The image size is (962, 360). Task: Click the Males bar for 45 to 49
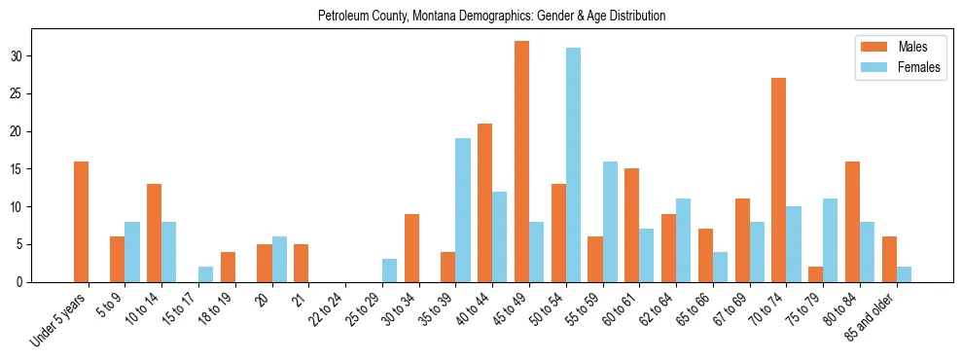pyautogui.click(x=521, y=162)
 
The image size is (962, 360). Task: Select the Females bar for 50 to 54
pyautogui.click(x=573, y=165)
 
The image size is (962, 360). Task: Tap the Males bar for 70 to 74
pyautogui.click(x=778, y=180)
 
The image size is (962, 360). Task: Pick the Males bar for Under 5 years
pyautogui.click(x=81, y=222)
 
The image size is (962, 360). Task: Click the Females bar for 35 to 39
pyautogui.click(x=463, y=210)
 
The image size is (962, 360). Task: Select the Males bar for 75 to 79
pyautogui.click(x=815, y=274)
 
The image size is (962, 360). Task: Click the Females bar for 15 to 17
pyautogui.click(x=206, y=274)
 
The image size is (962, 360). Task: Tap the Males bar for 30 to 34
pyautogui.click(x=411, y=248)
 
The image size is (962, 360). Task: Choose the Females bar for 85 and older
pyautogui.click(x=904, y=274)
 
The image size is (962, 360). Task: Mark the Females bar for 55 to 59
pyautogui.click(x=610, y=222)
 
